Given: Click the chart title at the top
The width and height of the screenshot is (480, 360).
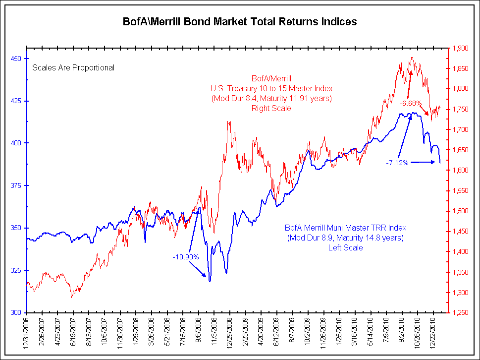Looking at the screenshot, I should tap(240, 22).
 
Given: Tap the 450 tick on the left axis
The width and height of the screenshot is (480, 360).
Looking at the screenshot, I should tap(16, 59).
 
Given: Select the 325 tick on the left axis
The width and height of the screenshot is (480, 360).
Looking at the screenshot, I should tap(16, 270).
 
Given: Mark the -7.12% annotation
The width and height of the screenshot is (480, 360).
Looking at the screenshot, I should tap(397, 163).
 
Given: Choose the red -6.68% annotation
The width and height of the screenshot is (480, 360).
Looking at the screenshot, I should tap(410, 103).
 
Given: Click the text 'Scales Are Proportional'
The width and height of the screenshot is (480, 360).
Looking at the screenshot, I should tap(73, 67).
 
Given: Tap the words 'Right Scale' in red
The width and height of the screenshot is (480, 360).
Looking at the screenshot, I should tap(271, 108).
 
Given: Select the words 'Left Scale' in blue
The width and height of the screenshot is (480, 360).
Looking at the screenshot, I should tap(345, 247).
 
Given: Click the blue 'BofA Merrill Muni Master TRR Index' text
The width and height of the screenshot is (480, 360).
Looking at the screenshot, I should tap(345, 228).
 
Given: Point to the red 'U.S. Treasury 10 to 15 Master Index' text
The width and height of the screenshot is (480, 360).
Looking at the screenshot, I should tap(271, 88).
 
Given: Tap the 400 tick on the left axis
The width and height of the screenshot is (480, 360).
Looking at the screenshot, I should tap(16, 143).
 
